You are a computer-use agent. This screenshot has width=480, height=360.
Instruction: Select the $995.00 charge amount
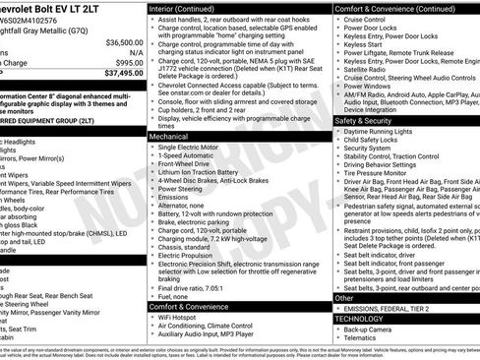[128, 62]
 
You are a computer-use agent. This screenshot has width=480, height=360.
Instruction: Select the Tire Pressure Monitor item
[379, 172]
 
